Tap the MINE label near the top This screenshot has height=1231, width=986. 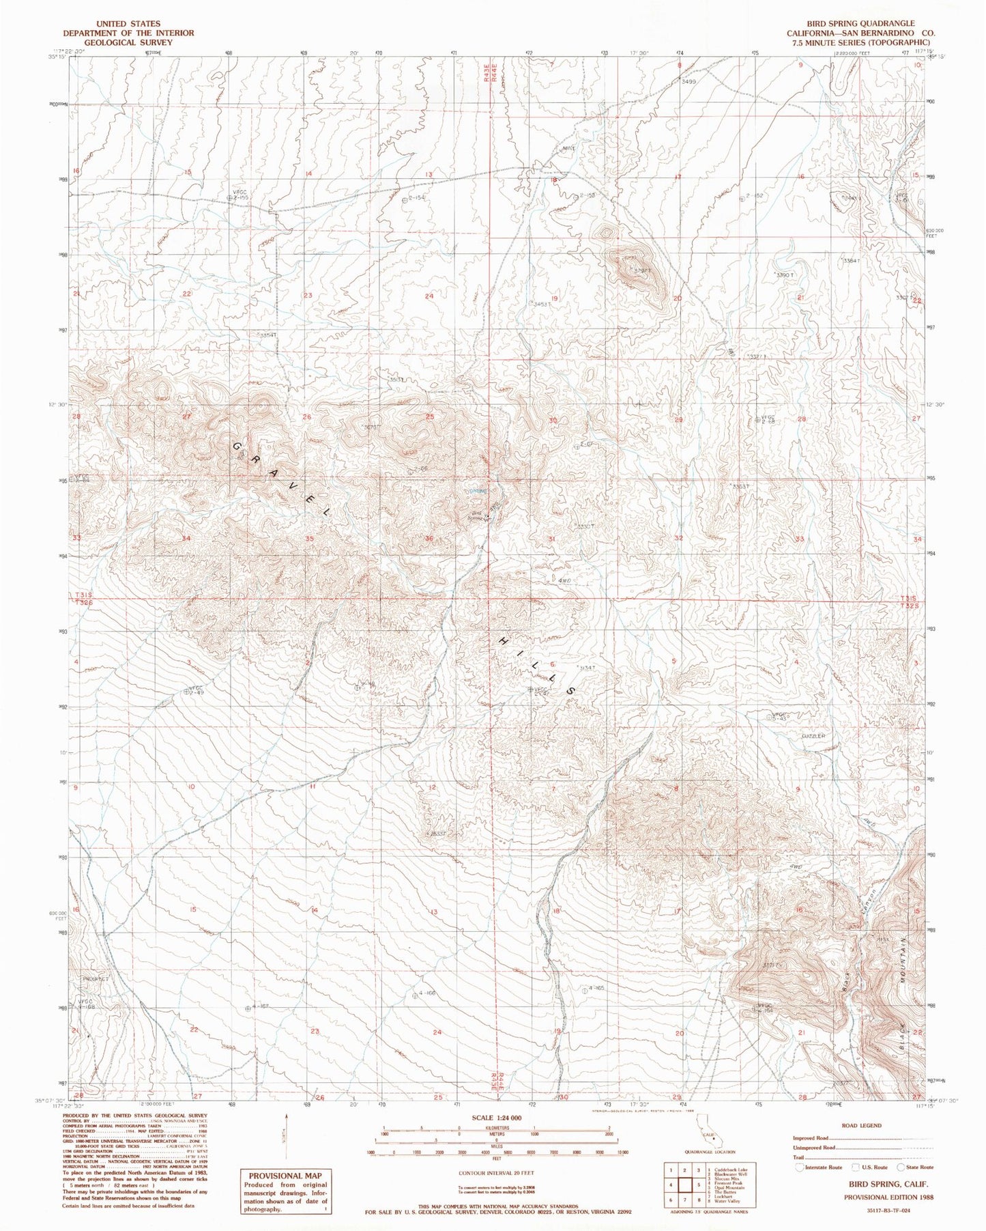tap(569, 148)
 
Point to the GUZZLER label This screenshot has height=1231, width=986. tap(813, 736)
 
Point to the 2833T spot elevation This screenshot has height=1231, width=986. tap(437, 834)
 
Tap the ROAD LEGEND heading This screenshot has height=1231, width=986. tap(862, 1125)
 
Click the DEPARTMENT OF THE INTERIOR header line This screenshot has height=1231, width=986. tap(128, 33)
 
